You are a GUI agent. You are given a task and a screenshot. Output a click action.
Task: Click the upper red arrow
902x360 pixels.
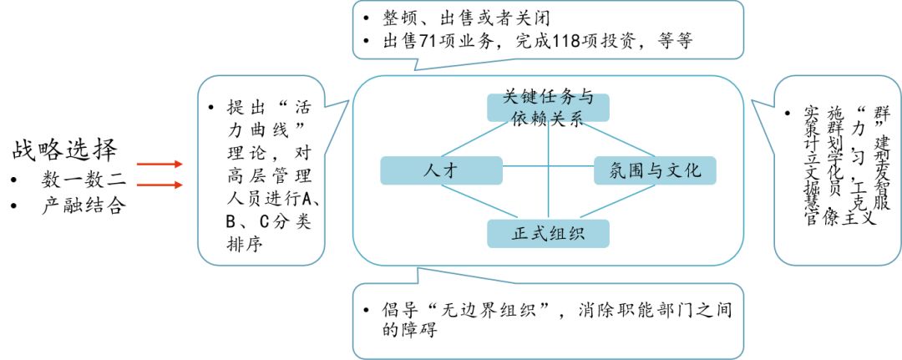point(160,165)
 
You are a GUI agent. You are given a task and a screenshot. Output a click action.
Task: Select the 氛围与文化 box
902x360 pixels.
point(655,170)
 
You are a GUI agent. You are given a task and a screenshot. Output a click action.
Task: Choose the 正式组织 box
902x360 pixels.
point(548,234)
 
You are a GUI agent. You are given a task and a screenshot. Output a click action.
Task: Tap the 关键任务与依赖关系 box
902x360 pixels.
point(548,108)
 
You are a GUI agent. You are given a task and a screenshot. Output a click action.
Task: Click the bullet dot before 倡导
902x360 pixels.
point(366,311)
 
